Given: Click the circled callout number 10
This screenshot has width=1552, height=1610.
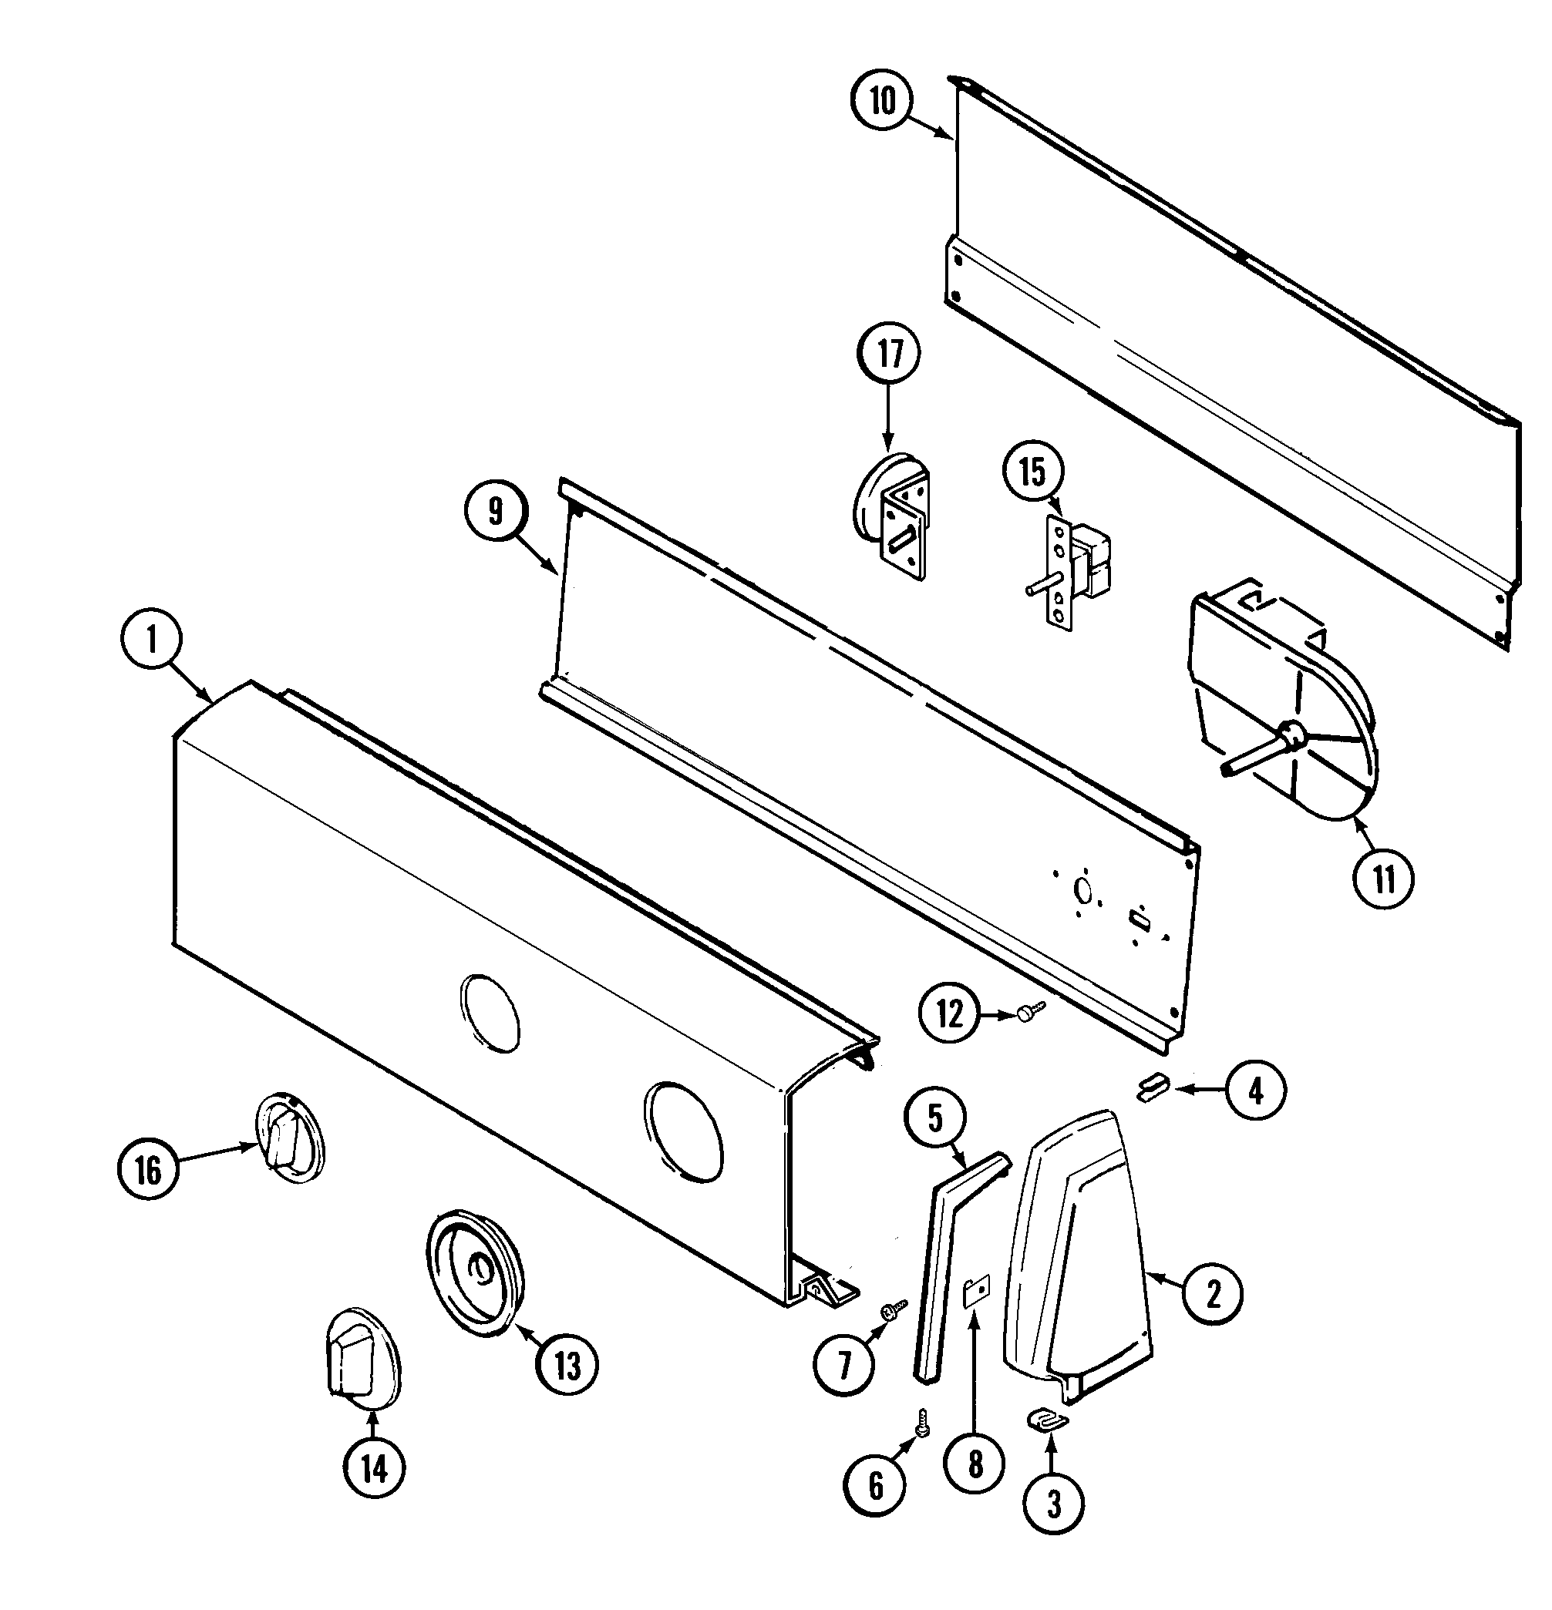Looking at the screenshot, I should pyautogui.click(x=881, y=101).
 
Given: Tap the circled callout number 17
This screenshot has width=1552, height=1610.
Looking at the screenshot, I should pyautogui.click(x=890, y=353).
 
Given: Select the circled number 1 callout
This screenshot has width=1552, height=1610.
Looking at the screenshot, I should pyautogui.click(x=151, y=640).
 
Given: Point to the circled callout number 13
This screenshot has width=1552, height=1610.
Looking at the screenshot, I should pyautogui.click(x=567, y=1365).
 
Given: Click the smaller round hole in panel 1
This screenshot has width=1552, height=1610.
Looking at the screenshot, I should pyautogui.click(x=490, y=1012).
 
